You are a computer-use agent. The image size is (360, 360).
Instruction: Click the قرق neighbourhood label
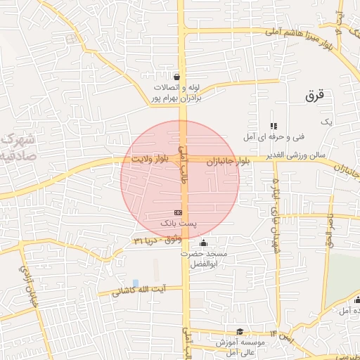click(x=313, y=97)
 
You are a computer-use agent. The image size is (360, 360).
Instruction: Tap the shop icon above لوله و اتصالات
click(x=176, y=77)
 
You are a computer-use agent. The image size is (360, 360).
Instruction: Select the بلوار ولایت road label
click(x=149, y=160)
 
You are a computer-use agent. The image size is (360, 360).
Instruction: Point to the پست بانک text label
click(x=177, y=223)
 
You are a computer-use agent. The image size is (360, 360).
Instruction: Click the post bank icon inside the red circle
click(x=178, y=212)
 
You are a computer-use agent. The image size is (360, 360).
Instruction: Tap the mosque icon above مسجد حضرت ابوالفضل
click(x=203, y=243)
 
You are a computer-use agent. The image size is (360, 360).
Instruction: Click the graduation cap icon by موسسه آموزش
click(x=240, y=331)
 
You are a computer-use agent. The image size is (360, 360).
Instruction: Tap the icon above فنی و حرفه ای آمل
click(x=274, y=125)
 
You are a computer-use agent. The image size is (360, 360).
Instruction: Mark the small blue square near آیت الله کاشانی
click(x=136, y=282)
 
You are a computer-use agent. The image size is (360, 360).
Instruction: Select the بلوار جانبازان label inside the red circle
click(x=224, y=161)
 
